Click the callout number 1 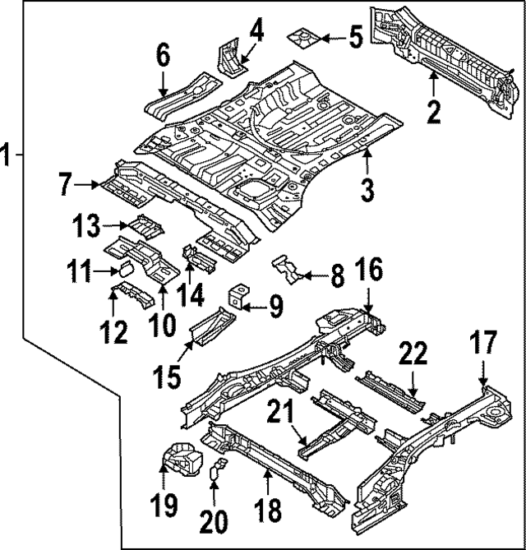[7, 154]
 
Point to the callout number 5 [355, 37]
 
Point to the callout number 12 [114, 331]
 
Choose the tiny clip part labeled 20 [218, 472]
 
